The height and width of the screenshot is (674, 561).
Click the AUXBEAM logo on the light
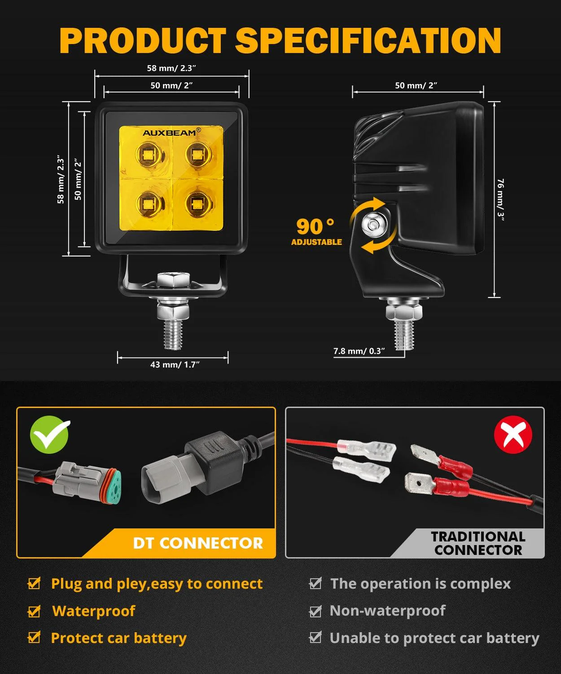[169, 133]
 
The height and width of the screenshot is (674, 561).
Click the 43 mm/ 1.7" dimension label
[175, 364]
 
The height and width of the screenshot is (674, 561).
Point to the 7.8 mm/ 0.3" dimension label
[359, 351]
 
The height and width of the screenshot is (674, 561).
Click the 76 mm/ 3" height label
[501, 197]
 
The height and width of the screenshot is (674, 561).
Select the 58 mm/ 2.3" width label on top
[171, 68]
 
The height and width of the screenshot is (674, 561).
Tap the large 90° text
[315, 226]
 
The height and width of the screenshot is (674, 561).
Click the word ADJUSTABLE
[316, 242]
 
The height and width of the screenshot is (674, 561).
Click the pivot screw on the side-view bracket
[373, 223]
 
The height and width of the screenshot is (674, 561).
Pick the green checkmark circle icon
[50, 434]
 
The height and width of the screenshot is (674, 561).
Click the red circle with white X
[513, 435]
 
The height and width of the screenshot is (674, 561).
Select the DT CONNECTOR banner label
[198, 543]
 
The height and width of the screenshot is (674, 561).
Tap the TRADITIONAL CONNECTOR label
[478, 543]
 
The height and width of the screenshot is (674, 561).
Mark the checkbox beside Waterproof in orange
[34, 611]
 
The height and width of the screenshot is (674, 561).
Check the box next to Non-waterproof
[316, 611]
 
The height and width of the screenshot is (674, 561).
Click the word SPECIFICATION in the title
[368, 40]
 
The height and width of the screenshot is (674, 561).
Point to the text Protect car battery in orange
[118, 638]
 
